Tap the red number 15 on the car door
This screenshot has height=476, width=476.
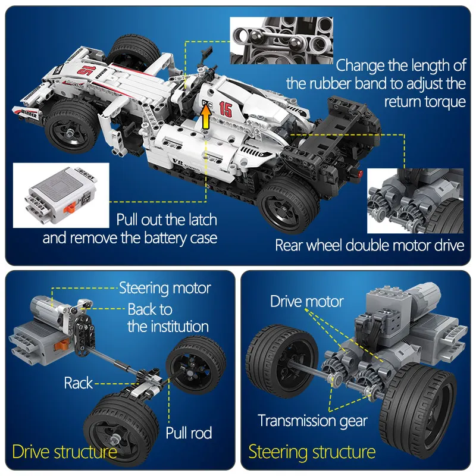click(x=226, y=109)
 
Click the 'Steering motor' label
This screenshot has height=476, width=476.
click(x=165, y=289)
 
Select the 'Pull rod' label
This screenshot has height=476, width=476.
click(x=189, y=433)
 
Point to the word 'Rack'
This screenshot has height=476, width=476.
click(x=79, y=383)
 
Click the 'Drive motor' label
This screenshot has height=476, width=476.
click(x=306, y=301)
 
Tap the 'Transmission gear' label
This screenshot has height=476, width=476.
click(x=312, y=421)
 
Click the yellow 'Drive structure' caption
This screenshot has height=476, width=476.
click(x=64, y=452)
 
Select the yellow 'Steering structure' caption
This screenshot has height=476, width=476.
click(x=312, y=452)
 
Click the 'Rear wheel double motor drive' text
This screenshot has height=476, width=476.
click(x=369, y=245)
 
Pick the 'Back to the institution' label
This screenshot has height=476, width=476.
click(x=167, y=318)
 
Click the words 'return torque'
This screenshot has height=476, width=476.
click(x=424, y=101)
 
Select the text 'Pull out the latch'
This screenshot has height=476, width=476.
click(x=166, y=220)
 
